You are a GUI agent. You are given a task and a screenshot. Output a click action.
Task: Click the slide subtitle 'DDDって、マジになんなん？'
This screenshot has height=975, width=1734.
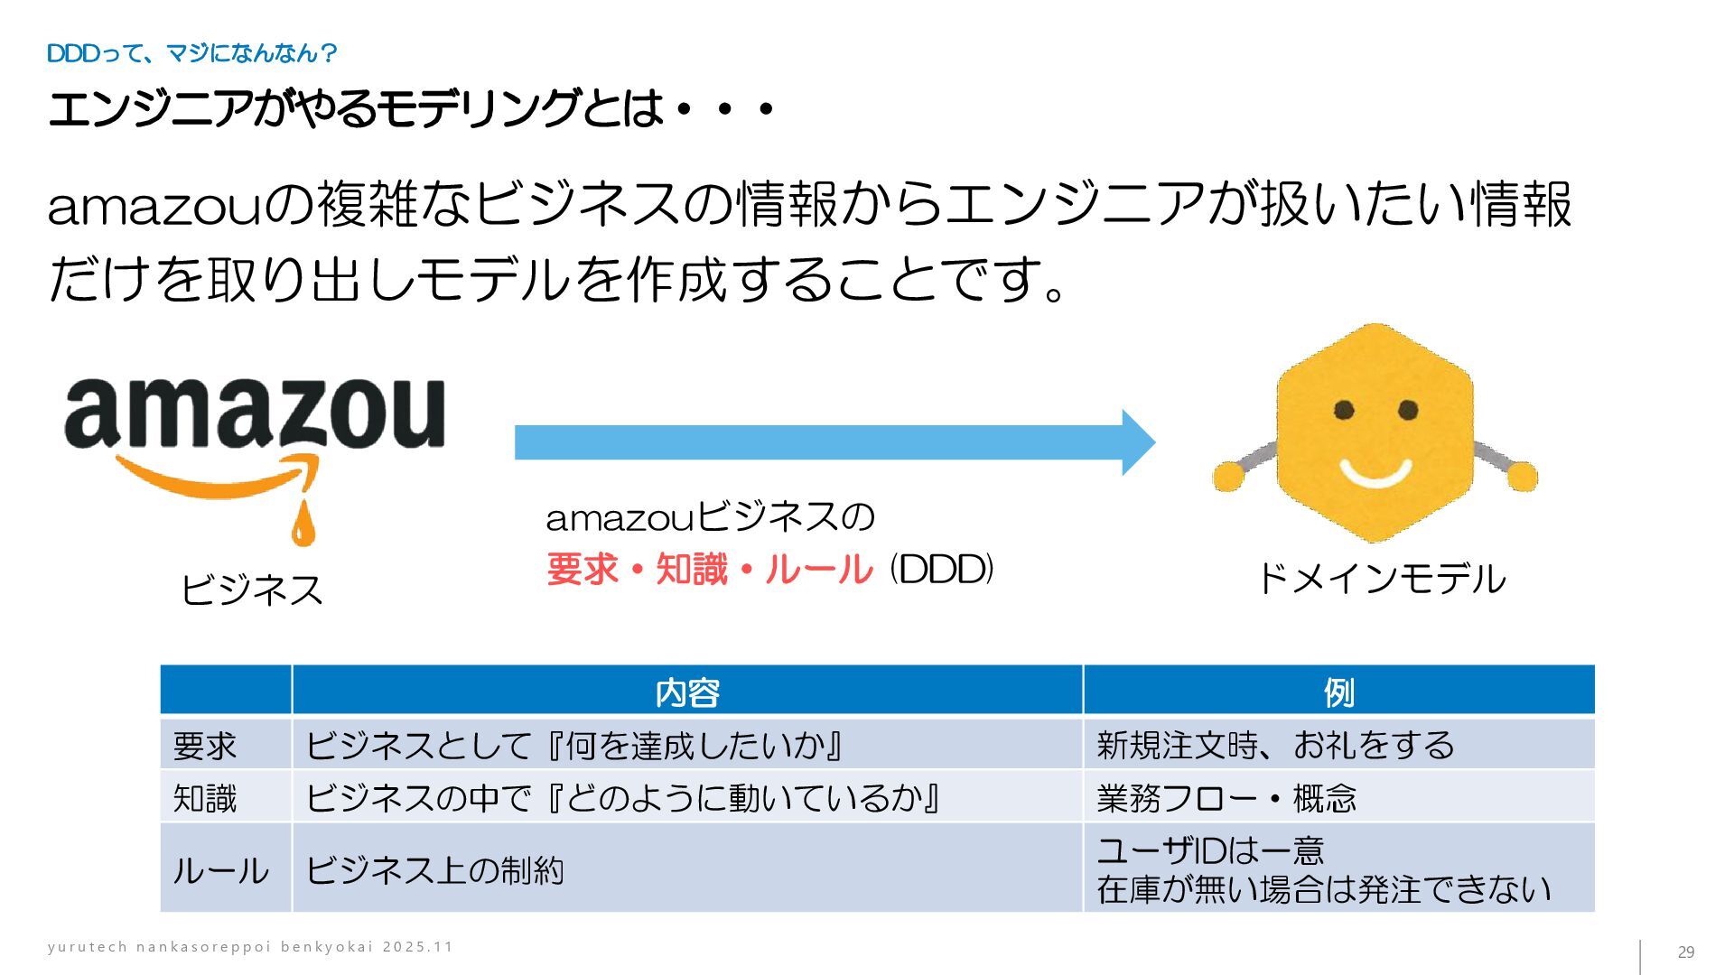[x=191, y=54]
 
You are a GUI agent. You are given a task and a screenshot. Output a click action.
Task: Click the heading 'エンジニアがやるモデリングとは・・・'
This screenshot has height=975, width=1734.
[x=411, y=109]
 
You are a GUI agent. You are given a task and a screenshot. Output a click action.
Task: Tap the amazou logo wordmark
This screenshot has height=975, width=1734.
[x=255, y=413]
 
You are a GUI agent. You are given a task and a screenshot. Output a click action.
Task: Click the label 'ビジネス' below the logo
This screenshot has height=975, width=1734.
[x=252, y=590]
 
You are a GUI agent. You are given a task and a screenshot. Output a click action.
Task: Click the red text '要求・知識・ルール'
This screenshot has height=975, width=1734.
[x=710, y=570]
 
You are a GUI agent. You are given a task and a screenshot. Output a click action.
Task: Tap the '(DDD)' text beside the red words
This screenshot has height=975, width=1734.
[x=941, y=569]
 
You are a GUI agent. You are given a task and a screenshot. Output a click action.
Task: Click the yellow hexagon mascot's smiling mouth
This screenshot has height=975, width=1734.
[x=1375, y=472]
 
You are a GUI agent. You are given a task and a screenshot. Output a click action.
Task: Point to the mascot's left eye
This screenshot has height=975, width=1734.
[x=1344, y=411]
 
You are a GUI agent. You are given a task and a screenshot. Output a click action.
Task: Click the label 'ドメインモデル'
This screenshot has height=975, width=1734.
[x=1380, y=579]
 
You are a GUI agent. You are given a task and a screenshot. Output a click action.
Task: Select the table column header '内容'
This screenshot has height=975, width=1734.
[x=686, y=692]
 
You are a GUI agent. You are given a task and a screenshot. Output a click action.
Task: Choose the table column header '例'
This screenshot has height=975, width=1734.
[x=1338, y=692]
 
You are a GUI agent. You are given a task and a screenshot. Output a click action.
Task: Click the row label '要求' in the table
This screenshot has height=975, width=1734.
[x=205, y=746]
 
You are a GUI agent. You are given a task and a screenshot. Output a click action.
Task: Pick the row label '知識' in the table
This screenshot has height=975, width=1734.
[x=205, y=798]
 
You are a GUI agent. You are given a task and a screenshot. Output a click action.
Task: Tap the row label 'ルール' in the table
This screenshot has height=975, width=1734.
[x=220, y=870]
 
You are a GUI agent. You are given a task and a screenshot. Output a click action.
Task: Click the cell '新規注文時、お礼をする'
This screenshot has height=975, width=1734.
[x=1275, y=746]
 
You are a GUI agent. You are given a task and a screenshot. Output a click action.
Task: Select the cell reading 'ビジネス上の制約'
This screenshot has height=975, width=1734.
[x=434, y=870]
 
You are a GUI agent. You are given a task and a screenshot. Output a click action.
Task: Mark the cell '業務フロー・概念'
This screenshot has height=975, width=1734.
[x=1226, y=798]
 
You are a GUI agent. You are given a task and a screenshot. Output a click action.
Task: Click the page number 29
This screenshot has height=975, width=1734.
[x=1685, y=952]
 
